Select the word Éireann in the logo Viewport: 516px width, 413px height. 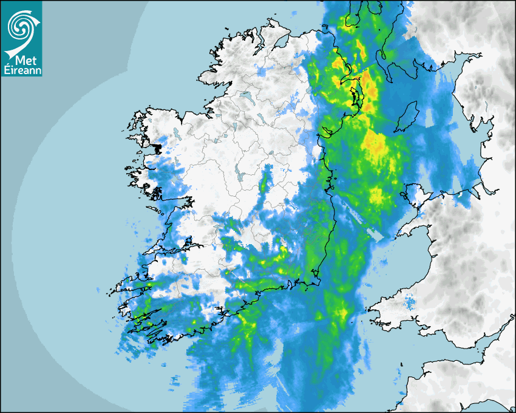pos(21,69)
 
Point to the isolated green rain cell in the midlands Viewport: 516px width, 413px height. pos(264,182)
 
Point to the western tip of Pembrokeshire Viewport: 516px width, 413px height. pos(368,312)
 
